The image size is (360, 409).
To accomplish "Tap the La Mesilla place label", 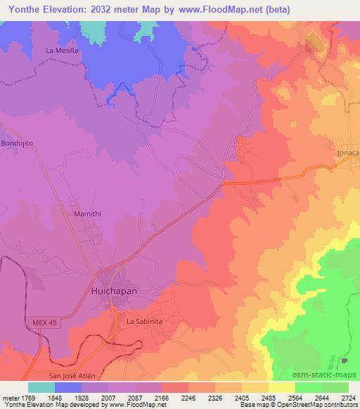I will tap(61, 51).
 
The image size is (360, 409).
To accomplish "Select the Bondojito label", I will tap(18, 143).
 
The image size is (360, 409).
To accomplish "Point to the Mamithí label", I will tap(88, 212).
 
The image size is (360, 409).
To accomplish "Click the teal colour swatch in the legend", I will tap(41, 387).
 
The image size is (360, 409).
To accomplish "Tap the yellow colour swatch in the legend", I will tap(282, 387).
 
